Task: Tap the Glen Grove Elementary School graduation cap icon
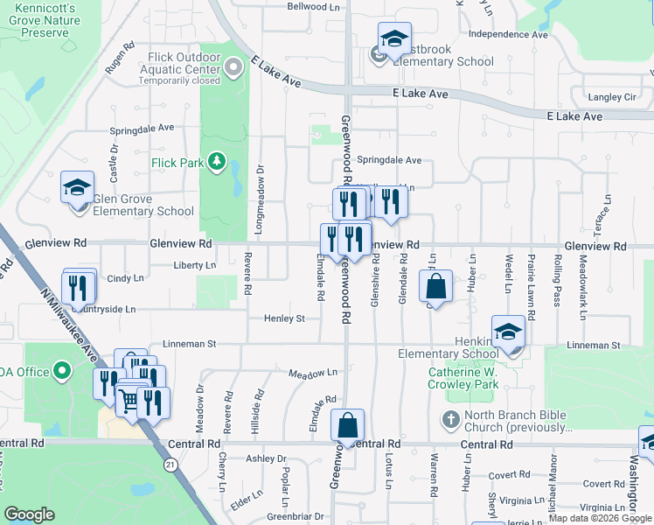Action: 77,187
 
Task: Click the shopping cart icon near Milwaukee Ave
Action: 129,401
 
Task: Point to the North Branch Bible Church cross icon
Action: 451,419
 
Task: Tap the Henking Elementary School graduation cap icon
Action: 507,332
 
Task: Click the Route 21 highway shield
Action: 170,467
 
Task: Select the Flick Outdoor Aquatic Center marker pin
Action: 233,66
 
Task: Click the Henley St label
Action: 284,318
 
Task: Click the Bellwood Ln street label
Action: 314,6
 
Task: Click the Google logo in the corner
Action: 29,514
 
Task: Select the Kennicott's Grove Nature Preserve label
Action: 37,20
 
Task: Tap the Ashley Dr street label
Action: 266,458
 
